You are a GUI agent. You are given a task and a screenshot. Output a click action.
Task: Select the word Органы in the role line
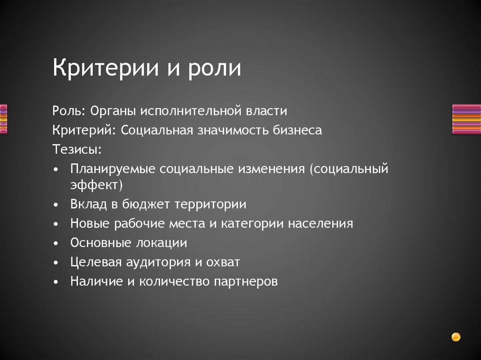click(113, 111)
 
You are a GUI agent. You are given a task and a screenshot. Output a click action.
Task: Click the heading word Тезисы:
click(77, 149)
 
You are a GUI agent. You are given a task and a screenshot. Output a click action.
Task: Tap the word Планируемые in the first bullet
click(113, 169)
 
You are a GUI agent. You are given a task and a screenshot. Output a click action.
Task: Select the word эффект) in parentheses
click(96, 185)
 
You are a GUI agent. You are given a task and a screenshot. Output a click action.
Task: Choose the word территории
click(210, 205)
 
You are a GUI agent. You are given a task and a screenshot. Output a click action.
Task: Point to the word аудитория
click(155, 262)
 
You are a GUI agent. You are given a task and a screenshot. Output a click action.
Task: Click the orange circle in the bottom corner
click(456, 337)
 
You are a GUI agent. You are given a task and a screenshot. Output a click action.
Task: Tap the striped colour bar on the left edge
click(3, 119)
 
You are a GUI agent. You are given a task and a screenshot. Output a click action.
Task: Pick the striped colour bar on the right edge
click(466, 119)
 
